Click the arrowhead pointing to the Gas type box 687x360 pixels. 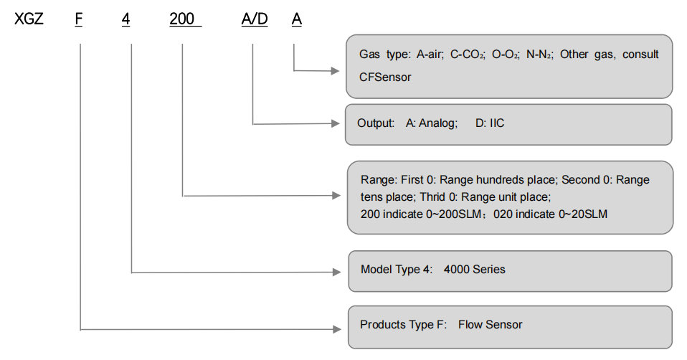pyautogui.click(x=334, y=71)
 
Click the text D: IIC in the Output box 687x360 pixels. pyautogui.click(x=490, y=123)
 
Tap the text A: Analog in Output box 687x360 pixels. pyautogui.click(x=431, y=123)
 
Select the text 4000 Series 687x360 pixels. pyautogui.click(x=475, y=270)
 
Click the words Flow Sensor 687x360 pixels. pyautogui.click(x=491, y=325)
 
